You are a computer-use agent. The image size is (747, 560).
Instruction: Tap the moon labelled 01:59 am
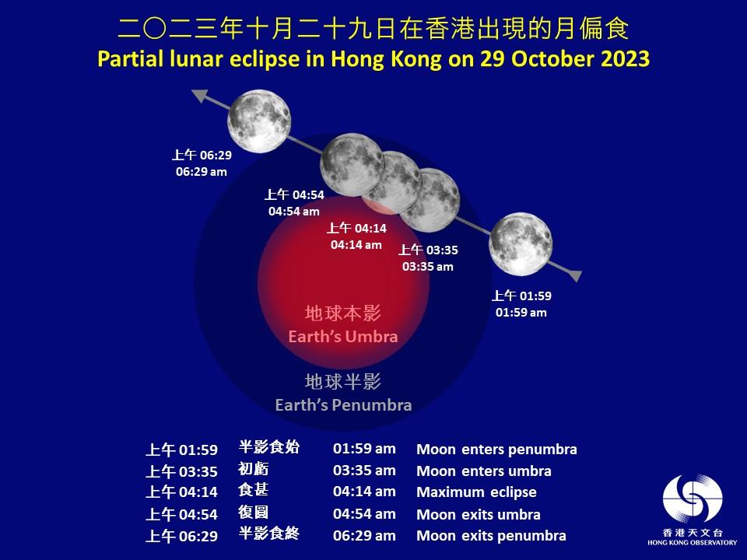tap(521, 243)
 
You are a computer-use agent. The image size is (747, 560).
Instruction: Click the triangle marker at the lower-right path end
tap(575, 276)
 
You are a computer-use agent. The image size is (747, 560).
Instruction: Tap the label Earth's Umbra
tap(342, 338)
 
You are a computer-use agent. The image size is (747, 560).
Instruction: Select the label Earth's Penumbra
tap(343, 405)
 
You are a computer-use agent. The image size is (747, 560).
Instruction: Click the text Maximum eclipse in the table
tap(476, 492)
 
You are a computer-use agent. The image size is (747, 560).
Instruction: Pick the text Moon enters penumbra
tap(496, 450)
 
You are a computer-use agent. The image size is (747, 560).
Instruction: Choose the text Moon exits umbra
tap(479, 514)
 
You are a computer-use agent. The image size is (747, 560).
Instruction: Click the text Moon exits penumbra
tap(491, 536)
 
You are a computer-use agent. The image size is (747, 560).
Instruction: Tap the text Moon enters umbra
tap(484, 471)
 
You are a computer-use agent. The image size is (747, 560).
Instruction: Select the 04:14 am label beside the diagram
tap(356, 244)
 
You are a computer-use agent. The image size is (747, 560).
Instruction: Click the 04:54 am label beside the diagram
tap(294, 211)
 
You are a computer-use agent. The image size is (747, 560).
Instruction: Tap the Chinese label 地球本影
tap(342, 314)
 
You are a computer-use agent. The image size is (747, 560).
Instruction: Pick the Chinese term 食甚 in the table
tap(253, 491)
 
